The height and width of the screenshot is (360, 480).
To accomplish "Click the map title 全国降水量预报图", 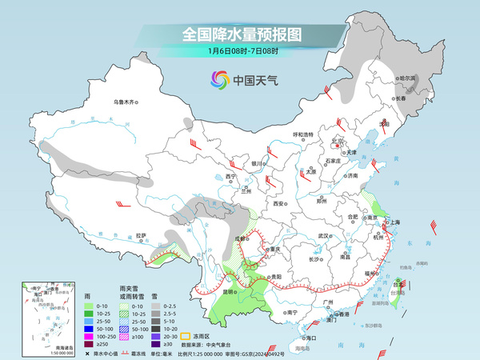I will [x=241, y=34].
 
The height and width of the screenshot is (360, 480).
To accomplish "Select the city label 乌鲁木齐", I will [x=126, y=102].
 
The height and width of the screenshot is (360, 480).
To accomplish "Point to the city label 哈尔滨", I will [x=408, y=78].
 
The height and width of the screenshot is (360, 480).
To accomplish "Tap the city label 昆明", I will [x=229, y=292].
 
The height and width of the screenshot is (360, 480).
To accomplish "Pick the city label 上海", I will [x=394, y=222].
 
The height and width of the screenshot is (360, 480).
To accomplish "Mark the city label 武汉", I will [x=324, y=236].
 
